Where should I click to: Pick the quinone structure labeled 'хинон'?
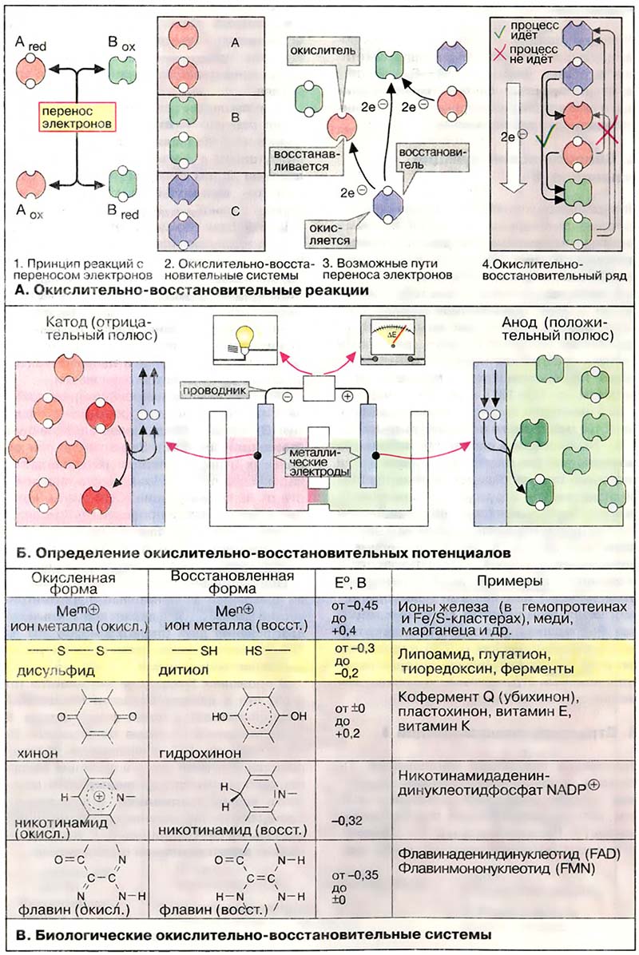coord(82,716)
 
